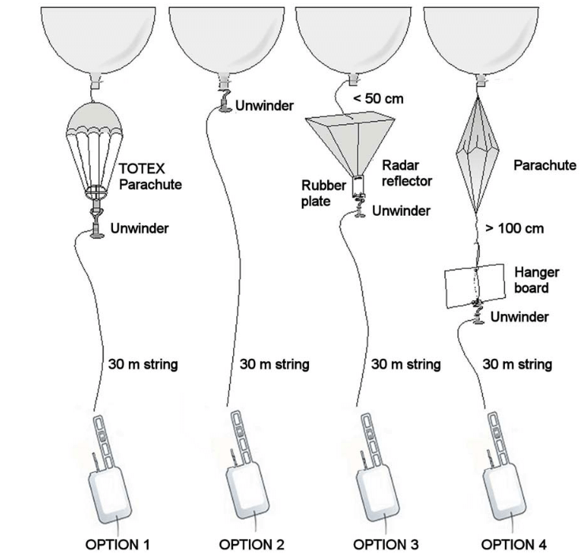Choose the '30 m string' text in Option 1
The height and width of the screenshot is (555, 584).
point(142,364)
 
